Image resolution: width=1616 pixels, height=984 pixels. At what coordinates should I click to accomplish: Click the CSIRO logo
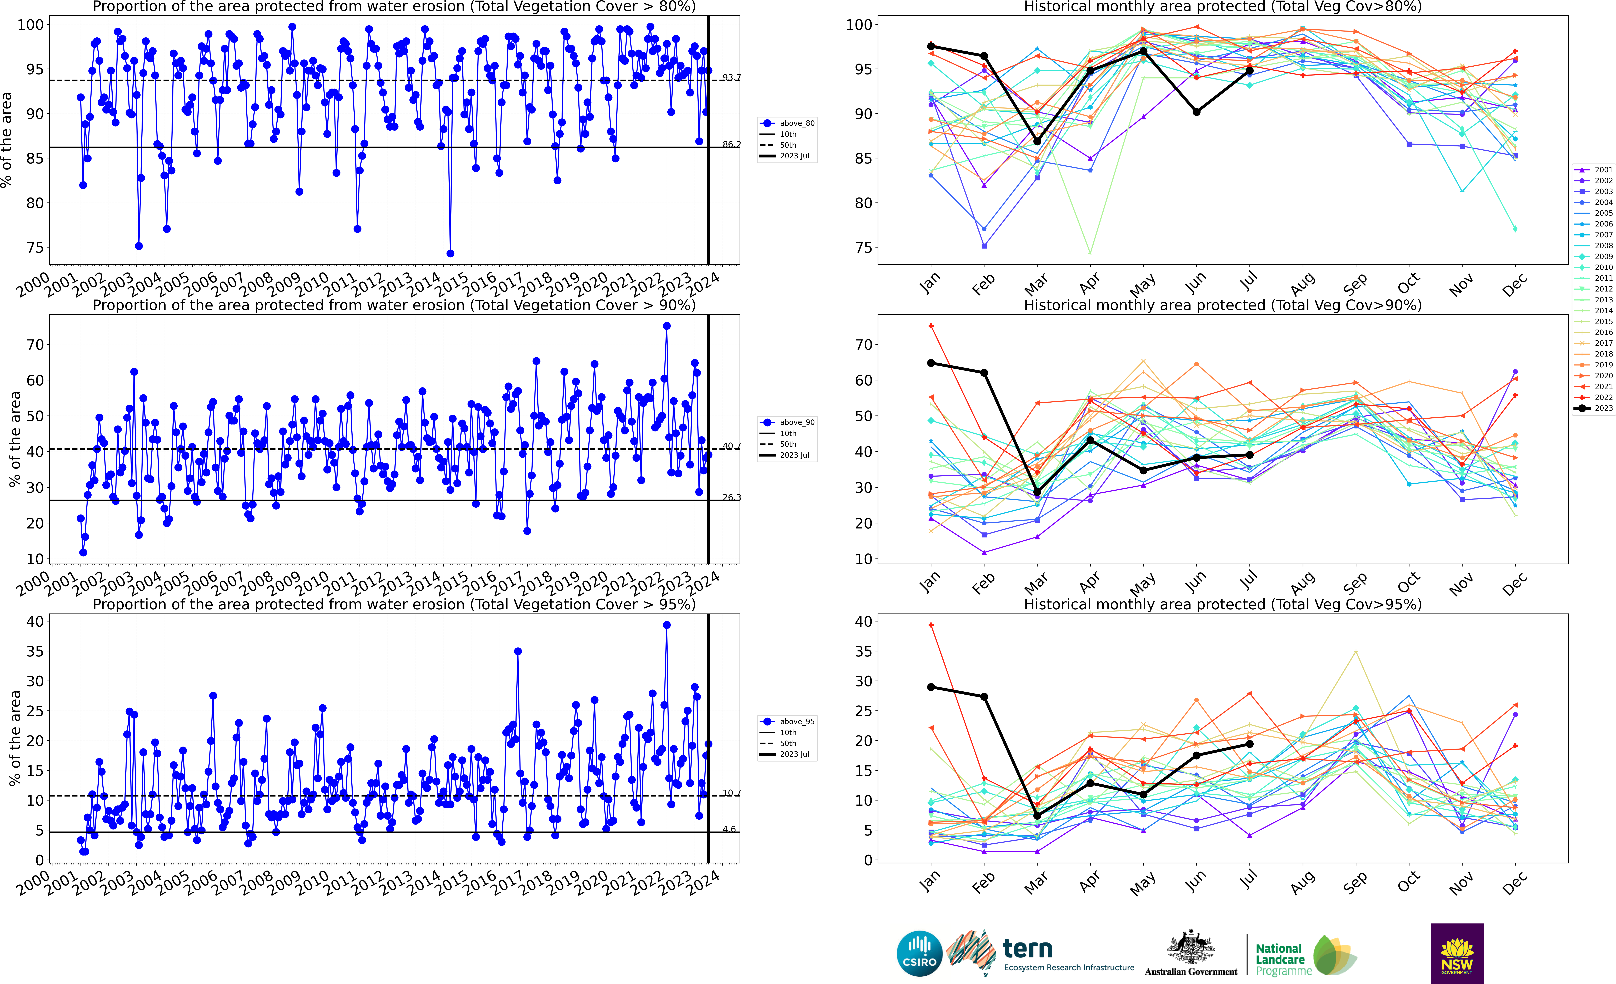[x=919, y=953]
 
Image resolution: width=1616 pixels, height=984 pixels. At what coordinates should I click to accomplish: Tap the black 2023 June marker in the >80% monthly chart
[x=1196, y=112]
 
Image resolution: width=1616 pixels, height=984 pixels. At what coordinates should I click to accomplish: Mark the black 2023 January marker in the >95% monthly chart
[x=931, y=687]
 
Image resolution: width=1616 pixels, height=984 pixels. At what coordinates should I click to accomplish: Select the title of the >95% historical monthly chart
[x=1223, y=604]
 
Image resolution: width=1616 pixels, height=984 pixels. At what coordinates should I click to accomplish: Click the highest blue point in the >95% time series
[x=666, y=625]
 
